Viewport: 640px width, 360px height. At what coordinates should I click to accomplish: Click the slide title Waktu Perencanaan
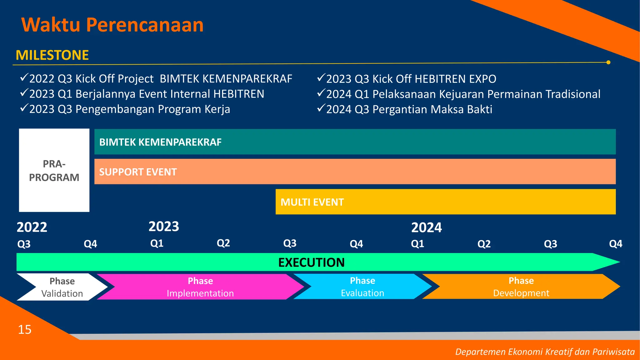(112, 25)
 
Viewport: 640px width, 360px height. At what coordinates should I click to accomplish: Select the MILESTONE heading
(52, 55)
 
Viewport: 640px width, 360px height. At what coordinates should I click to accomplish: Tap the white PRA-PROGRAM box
(54, 170)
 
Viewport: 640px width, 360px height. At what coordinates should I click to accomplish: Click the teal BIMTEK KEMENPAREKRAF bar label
(160, 142)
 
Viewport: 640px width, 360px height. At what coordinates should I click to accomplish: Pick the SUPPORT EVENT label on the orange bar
(138, 172)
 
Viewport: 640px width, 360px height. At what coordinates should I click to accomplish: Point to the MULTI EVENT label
(312, 202)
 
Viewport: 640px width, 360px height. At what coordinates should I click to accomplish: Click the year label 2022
(32, 227)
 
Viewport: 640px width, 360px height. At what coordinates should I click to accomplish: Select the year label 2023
(164, 226)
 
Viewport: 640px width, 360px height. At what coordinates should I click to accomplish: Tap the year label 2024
(426, 227)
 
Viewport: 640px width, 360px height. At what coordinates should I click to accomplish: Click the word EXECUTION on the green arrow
(311, 262)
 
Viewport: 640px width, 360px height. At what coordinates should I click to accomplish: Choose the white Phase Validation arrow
(62, 287)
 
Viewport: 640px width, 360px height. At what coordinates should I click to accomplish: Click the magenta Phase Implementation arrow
(200, 287)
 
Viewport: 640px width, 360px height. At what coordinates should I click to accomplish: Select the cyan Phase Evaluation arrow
(362, 287)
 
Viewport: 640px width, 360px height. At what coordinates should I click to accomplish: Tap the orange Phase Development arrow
(521, 287)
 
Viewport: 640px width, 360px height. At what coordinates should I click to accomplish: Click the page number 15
(25, 329)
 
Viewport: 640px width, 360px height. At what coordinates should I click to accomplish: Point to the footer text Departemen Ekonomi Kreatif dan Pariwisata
(545, 352)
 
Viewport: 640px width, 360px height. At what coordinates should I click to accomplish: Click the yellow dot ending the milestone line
(608, 62)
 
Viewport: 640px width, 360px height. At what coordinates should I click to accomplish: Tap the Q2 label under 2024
(484, 244)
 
